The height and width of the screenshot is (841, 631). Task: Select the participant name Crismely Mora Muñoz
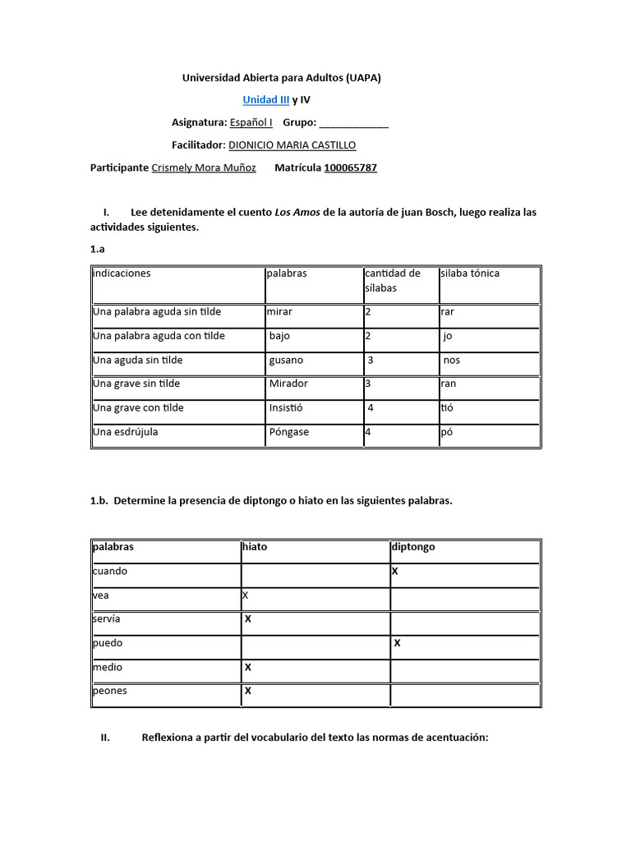click(x=204, y=168)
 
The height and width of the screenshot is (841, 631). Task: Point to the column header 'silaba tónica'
click(x=470, y=273)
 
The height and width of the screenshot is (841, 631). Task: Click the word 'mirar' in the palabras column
click(x=279, y=312)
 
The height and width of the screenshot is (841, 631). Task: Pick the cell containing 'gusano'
click(x=286, y=360)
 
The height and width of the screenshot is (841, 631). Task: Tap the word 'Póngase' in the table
click(x=288, y=432)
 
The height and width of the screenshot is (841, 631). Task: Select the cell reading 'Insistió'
click(x=286, y=407)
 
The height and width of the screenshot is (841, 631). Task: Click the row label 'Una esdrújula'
click(x=125, y=432)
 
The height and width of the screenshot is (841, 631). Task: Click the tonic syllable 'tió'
click(x=448, y=407)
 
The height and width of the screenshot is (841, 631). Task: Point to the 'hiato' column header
click(x=255, y=546)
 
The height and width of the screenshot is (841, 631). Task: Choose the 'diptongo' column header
click(x=414, y=546)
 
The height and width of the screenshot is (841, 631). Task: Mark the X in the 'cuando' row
click(x=395, y=571)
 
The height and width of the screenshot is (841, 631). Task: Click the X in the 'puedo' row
click(x=397, y=643)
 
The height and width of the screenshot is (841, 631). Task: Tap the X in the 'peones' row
click(x=247, y=691)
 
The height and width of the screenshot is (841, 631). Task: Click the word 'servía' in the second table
click(x=107, y=618)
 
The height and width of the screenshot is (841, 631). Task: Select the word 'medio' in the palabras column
click(x=108, y=667)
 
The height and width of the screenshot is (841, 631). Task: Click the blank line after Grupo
click(x=353, y=123)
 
